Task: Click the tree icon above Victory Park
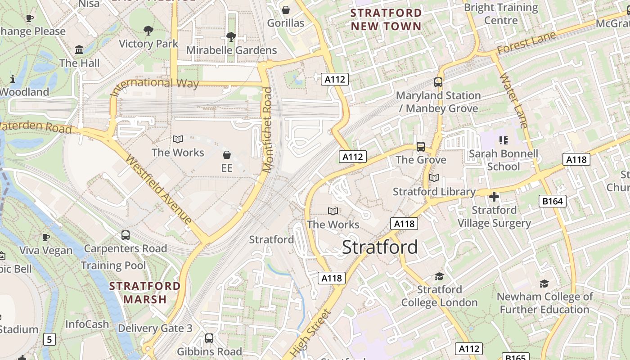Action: click(x=148, y=31)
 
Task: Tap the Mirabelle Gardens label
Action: click(x=231, y=50)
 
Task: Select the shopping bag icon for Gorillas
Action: click(x=286, y=10)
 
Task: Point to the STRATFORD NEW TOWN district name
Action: click(x=386, y=19)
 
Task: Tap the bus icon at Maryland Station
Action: click(x=438, y=82)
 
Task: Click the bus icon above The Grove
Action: click(x=421, y=146)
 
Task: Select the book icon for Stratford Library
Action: click(x=434, y=178)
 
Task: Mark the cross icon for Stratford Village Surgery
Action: click(x=494, y=197)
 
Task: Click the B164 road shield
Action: click(x=552, y=201)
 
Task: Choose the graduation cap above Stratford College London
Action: click(x=439, y=276)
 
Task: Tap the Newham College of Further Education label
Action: click(x=544, y=303)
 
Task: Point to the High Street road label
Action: click(x=310, y=333)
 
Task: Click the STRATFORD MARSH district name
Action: click(x=145, y=292)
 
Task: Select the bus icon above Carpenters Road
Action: click(x=126, y=235)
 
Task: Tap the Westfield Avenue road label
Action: click(x=158, y=189)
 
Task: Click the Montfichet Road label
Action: click(x=268, y=130)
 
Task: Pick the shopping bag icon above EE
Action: click(x=227, y=155)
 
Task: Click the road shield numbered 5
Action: click(x=49, y=339)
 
